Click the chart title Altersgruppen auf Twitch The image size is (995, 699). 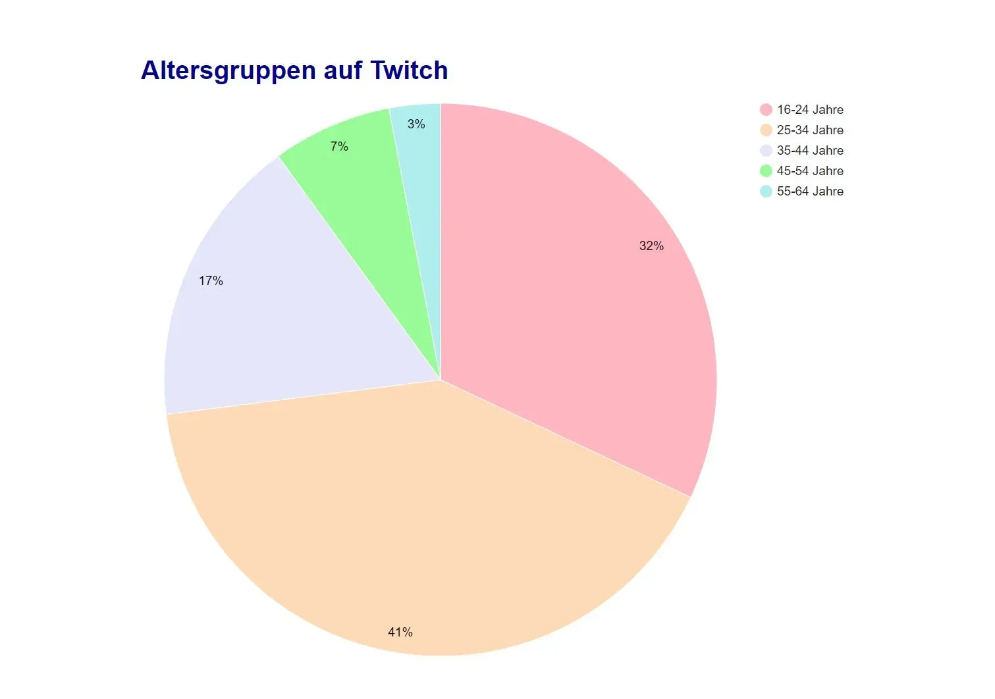294,70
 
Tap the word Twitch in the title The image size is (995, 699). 409,70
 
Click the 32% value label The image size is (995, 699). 651,246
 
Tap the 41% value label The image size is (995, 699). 400,633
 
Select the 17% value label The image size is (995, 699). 211,281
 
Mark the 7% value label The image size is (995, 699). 339,147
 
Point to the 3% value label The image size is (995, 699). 416,124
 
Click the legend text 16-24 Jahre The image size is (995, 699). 810,110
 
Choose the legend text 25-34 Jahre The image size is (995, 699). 810,130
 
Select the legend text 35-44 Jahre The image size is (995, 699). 810,151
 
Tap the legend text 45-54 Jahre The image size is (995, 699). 810,171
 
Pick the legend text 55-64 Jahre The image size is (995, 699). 810,192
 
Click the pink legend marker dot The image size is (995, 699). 766,110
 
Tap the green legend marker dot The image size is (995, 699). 766,171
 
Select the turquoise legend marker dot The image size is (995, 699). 766,192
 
